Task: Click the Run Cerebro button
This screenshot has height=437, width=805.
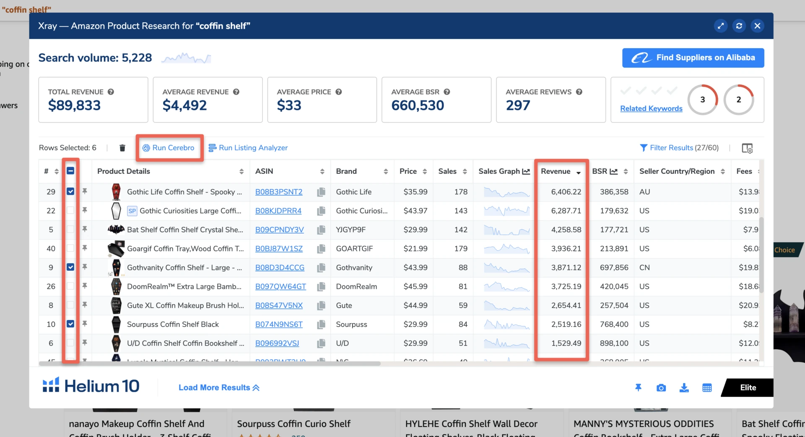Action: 169,148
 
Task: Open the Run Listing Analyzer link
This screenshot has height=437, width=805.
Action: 248,148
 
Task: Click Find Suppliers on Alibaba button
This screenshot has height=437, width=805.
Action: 693,58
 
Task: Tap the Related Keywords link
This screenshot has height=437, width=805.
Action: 651,108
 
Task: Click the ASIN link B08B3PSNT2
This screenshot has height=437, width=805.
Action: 278,192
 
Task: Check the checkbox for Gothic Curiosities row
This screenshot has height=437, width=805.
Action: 70,210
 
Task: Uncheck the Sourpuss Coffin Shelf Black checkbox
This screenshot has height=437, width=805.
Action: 70,324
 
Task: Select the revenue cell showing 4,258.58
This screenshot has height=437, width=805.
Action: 566,230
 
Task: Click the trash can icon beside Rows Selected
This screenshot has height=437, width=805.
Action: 122,148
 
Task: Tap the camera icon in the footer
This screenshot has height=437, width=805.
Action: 661,388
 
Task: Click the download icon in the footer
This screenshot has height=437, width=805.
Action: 684,388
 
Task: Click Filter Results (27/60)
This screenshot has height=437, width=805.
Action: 679,148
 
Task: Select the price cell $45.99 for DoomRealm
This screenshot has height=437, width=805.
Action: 415,286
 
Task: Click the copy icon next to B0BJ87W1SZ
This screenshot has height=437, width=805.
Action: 321,249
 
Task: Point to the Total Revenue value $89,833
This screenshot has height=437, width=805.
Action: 74,105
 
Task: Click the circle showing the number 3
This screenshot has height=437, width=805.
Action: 702,99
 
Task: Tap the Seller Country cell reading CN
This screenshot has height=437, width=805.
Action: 644,267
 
